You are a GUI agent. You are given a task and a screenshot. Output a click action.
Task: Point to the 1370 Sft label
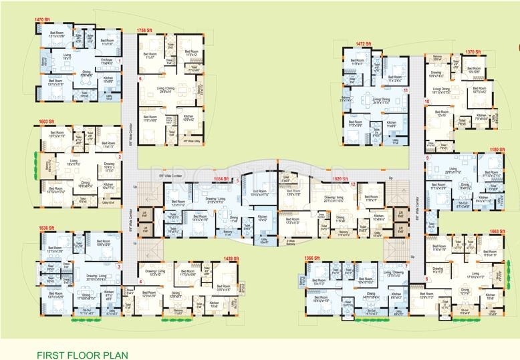point(474,51)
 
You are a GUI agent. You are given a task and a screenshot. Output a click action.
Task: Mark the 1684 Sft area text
point(223,180)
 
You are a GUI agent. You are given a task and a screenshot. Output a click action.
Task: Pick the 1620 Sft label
point(340,180)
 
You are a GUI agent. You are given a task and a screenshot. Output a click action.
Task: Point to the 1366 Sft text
point(314,258)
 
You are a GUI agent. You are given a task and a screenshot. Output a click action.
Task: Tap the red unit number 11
point(405,89)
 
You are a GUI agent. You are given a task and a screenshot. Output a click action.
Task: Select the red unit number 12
point(353,184)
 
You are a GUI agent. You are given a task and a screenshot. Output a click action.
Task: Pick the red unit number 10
point(426,102)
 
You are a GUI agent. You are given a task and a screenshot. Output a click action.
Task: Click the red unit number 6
point(140,79)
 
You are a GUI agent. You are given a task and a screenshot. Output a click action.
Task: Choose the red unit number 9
point(426,158)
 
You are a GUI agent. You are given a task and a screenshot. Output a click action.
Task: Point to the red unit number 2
point(119,157)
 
